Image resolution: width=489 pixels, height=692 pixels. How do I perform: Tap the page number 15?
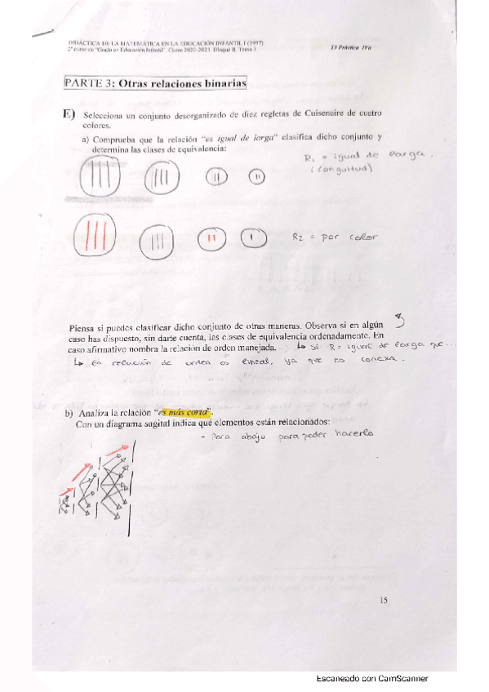pos(384,601)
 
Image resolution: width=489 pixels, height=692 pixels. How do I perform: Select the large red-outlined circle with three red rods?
pos(91,238)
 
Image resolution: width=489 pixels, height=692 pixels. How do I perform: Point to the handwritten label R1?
pos(309,158)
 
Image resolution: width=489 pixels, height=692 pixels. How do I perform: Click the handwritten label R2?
pos(300,237)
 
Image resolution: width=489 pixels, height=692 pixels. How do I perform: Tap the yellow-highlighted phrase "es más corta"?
pos(184,413)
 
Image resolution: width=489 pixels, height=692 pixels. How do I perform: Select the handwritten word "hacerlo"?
pos(353,433)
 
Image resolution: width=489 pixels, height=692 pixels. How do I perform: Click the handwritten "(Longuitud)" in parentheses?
pos(338,170)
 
